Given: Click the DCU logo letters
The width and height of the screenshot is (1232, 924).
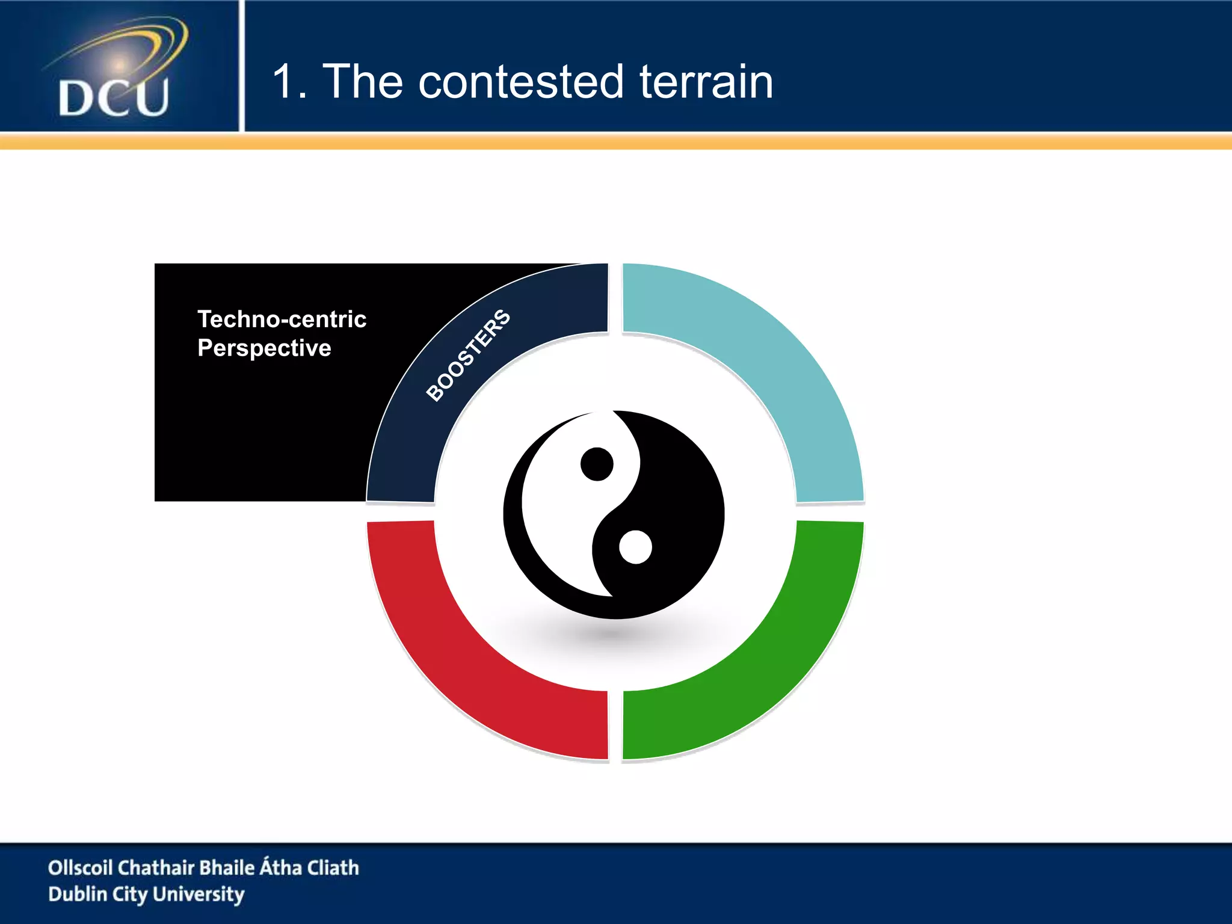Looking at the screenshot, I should [114, 97].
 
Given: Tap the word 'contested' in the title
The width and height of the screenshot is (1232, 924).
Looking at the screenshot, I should [520, 82].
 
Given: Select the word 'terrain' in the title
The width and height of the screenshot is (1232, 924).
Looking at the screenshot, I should [706, 82].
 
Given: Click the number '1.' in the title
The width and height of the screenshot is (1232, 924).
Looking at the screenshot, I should [289, 82].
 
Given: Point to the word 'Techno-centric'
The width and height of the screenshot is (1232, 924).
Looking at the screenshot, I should [282, 319].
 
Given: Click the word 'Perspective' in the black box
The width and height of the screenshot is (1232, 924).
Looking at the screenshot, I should [264, 348].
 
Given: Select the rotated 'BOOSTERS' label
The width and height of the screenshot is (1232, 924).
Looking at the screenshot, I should [468, 355].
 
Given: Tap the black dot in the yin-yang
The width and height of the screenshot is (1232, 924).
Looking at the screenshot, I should [597, 464].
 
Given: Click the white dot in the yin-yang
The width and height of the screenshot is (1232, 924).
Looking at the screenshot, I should [635, 547].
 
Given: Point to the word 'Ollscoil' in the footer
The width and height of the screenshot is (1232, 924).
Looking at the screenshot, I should [80, 867].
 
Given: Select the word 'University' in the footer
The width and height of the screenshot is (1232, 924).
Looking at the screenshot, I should [199, 895].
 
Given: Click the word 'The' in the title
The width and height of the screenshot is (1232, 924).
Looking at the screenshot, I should [363, 82].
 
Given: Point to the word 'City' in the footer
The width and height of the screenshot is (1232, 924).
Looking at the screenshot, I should [129, 895].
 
